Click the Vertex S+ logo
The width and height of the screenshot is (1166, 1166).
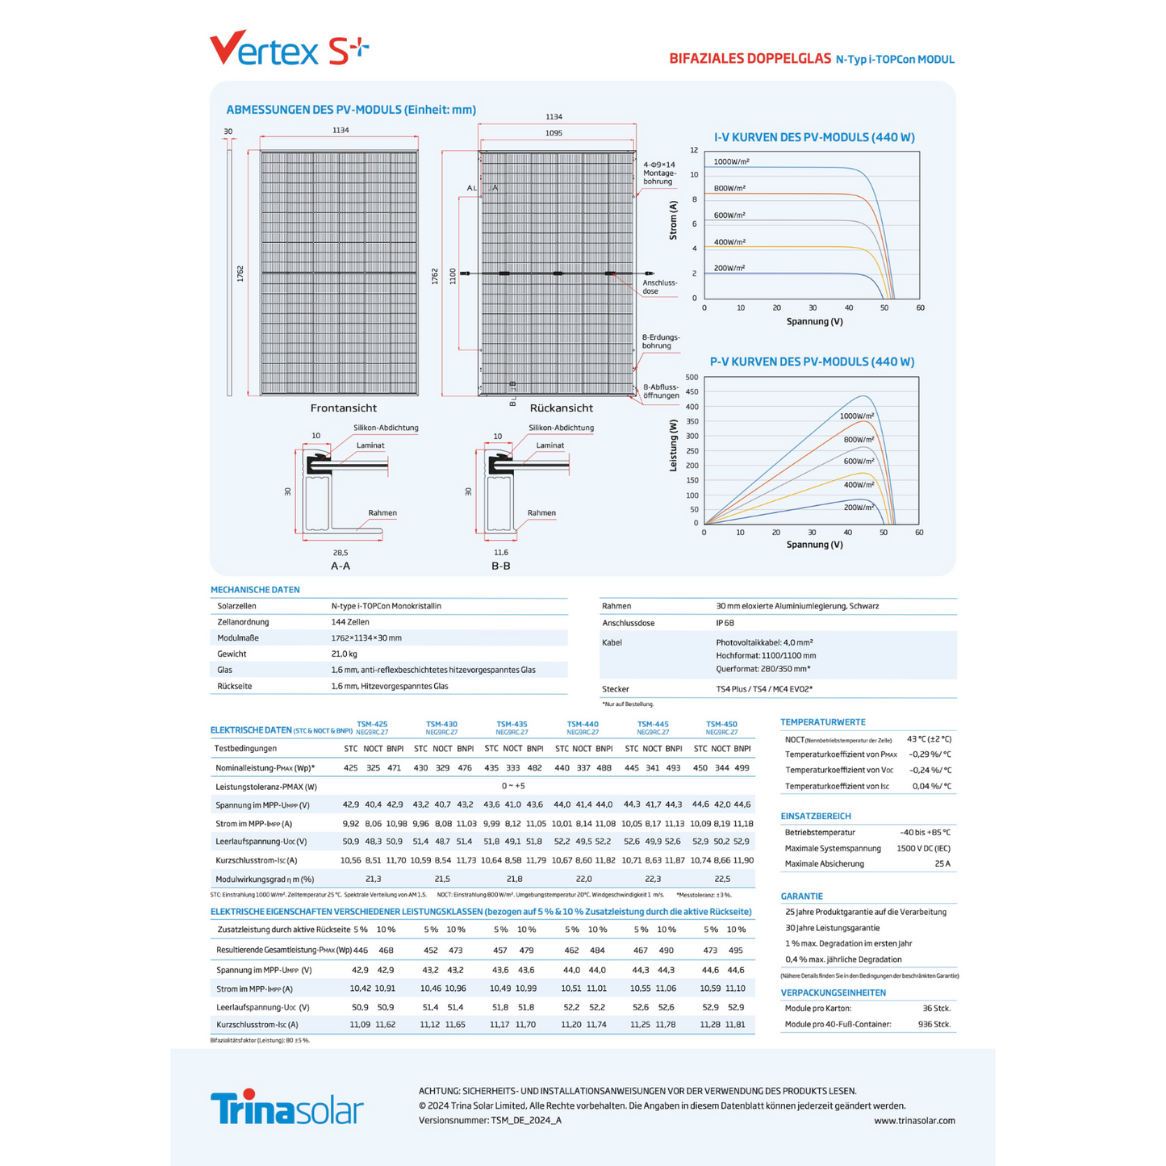click(288, 49)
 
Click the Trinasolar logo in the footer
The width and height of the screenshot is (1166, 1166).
click(286, 1108)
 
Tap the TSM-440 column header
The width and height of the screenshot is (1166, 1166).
click(583, 725)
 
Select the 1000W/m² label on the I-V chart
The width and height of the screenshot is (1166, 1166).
click(731, 161)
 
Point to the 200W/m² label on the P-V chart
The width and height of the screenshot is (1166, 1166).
click(859, 508)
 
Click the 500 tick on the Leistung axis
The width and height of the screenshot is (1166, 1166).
click(692, 377)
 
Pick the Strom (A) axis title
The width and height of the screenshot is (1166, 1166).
click(674, 220)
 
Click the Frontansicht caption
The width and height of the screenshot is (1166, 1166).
click(344, 408)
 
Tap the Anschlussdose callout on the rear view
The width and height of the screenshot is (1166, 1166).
click(660, 286)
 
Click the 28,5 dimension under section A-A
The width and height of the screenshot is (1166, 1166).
click(341, 553)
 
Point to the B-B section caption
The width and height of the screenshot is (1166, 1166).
click(501, 566)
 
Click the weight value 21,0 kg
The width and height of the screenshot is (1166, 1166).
click(344, 654)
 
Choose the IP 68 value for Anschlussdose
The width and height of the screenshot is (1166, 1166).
click(725, 623)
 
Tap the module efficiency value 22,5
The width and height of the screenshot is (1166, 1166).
click(722, 879)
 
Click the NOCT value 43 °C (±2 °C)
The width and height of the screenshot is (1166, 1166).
click(929, 738)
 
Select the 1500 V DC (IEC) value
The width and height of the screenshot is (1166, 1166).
click(923, 848)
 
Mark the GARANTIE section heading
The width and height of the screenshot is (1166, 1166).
click(801, 896)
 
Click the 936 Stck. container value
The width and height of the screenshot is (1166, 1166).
click(936, 1024)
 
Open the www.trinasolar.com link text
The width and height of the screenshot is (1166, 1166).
click(914, 1120)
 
